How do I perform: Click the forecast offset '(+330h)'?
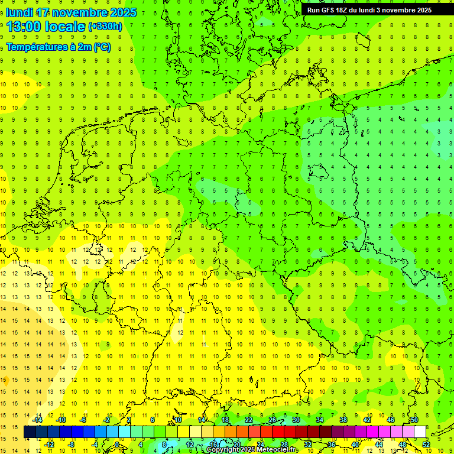pyautogui.click(x=105, y=27)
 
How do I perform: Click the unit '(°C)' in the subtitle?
pyautogui.click(x=102, y=47)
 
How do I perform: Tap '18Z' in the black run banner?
pyautogui.click(x=348, y=10)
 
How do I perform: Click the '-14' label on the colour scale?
pyautogui.click(x=37, y=420)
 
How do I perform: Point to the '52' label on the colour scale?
pyautogui.click(x=426, y=445)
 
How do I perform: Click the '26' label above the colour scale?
pyautogui.click(x=273, y=420)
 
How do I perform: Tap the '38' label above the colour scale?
pyautogui.click(x=343, y=420)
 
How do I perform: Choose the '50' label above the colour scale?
pyautogui.click(x=414, y=420)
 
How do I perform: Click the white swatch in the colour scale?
pyautogui.click(x=420, y=432)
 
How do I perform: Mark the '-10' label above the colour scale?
pyautogui.click(x=60, y=420)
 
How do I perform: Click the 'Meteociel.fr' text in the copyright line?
pyautogui.click(x=276, y=450)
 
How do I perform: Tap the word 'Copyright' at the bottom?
pyautogui.click(x=223, y=450)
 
